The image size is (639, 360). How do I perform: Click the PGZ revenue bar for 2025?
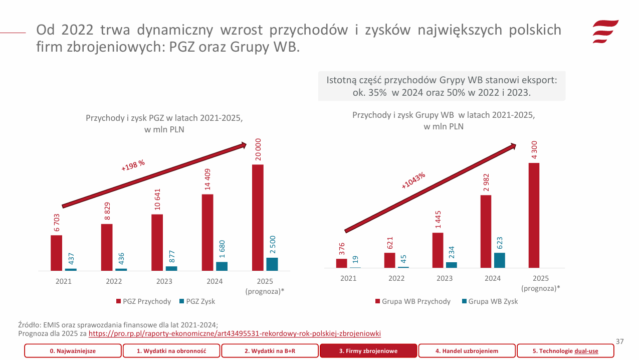(258, 218)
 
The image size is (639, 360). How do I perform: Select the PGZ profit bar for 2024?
(222, 266)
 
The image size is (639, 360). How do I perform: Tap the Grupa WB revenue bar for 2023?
(438, 250)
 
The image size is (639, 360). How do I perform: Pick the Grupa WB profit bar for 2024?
(500, 260)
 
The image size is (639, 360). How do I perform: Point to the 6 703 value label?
(57, 222)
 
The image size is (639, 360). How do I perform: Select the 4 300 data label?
(534, 150)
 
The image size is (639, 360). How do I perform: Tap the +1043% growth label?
(413, 181)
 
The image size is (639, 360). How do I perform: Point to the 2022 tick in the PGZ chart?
(114, 281)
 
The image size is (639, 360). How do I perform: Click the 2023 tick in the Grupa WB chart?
(445, 278)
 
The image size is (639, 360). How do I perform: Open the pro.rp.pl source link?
(235, 333)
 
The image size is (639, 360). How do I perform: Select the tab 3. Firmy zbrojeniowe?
(368, 351)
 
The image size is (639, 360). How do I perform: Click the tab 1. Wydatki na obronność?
(171, 351)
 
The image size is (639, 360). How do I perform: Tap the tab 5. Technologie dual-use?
(565, 351)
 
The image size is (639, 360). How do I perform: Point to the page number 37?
(619, 341)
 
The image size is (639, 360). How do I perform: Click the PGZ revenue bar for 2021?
(57, 253)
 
